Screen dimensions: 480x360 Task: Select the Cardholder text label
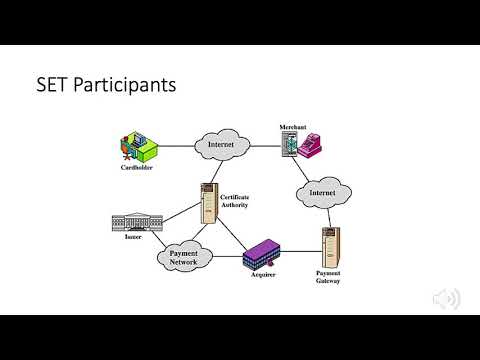click(136, 167)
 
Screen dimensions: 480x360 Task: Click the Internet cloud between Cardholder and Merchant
click(221, 145)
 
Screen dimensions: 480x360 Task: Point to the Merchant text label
click(293, 127)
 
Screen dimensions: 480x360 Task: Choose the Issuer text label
click(134, 237)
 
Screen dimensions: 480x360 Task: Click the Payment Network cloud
click(185, 257)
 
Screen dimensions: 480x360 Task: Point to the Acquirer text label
click(263, 273)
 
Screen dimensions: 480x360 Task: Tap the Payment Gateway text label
click(328, 277)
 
